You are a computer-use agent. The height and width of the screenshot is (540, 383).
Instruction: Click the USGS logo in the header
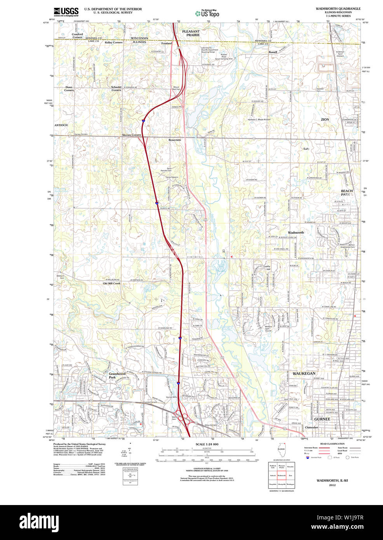(x=66, y=11)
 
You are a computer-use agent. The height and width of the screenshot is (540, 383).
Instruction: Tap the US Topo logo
(x=207, y=13)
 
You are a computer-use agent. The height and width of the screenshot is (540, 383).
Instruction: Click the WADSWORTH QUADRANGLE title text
(x=338, y=9)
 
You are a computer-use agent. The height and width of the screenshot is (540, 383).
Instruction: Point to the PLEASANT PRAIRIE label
(x=191, y=33)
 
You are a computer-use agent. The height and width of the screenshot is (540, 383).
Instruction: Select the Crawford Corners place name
(x=77, y=36)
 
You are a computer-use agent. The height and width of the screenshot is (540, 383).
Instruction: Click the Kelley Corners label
(x=113, y=42)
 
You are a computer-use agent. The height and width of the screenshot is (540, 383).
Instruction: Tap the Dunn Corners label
(x=69, y=89)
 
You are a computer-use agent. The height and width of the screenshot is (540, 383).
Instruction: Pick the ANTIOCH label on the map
(x=61, y=125)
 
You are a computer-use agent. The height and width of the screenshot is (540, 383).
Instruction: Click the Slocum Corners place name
(x=132, y=135)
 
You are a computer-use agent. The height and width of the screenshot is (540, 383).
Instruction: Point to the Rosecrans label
(x=175, y=140)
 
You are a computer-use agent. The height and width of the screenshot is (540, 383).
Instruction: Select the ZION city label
(x=325, y=120)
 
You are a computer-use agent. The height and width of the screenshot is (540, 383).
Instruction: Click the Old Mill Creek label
(x=111, y=284)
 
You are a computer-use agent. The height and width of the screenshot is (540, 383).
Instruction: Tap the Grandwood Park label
(x=117, y=375)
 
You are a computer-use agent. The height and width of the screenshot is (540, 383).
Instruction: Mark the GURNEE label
(x=322, y=419)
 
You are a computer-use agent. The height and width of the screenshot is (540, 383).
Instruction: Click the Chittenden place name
(x=311, y=427)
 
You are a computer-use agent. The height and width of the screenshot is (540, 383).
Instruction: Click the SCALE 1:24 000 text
(x=207, y=444)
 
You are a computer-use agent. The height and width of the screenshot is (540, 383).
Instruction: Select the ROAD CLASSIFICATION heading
(x=332, y=444)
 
